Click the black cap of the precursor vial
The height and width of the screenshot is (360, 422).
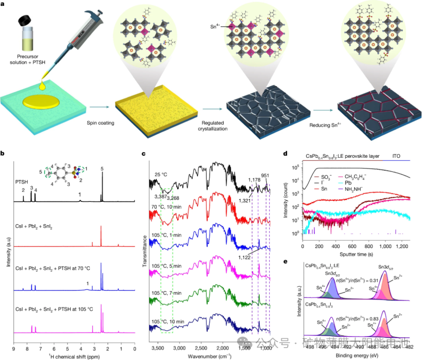[x=25, y=21]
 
